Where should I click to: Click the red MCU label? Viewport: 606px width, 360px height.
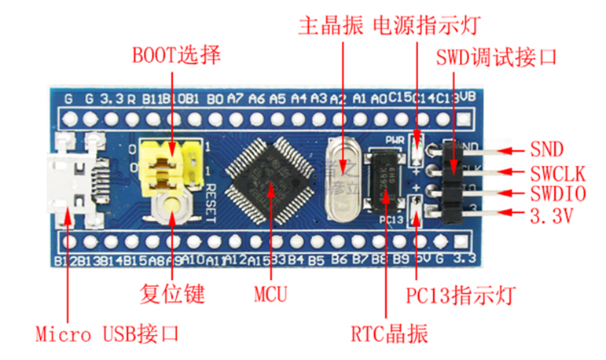click(x=270, y=296)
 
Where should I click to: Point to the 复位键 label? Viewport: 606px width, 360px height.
click(x=173, y=296)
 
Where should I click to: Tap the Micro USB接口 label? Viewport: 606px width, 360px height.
click(x=107, y=333)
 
